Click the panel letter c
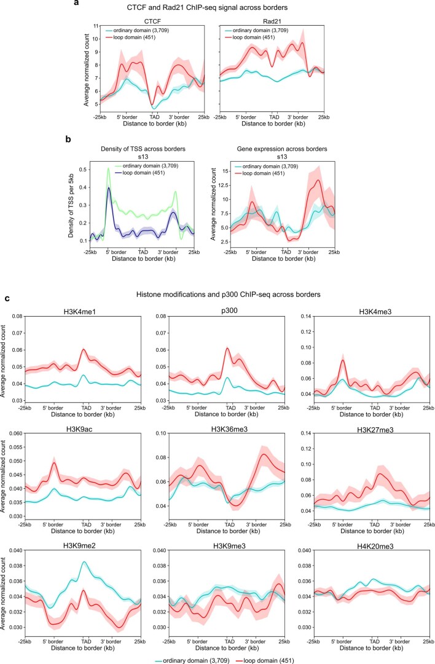(x=7, y=299)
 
